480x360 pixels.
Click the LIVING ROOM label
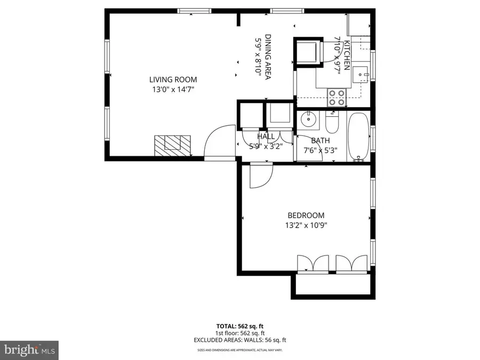169,79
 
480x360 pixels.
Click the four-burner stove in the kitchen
336,97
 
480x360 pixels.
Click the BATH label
321,141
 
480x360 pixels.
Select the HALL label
266,137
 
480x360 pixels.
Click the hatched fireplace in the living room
173,144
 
